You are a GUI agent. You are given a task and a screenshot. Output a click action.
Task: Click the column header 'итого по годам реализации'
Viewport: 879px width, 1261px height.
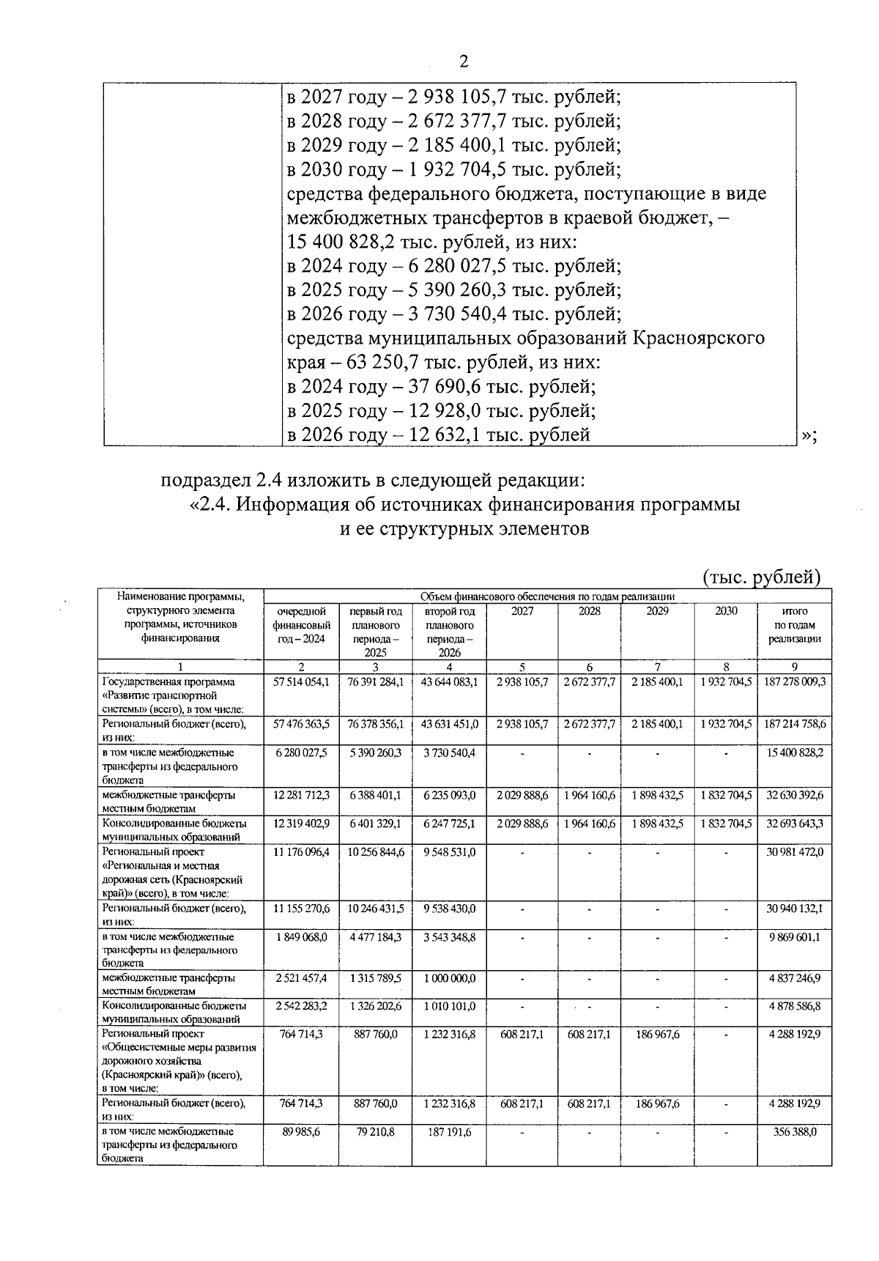tap(794, 624)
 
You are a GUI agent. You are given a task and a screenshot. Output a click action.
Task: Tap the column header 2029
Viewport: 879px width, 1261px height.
tap(657, 611)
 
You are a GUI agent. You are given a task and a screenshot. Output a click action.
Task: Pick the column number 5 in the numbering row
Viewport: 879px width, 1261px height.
tap(522, 667)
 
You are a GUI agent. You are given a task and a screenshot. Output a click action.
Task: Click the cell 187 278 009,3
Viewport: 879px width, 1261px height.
tap(794, 681)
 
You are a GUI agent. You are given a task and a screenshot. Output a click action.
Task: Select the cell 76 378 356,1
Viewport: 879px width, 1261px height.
tap(375, 724)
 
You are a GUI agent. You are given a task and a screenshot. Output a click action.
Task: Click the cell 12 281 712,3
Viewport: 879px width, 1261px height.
tap(301, 795)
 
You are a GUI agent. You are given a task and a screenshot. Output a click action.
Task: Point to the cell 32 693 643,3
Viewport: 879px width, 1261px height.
tap(794, 824)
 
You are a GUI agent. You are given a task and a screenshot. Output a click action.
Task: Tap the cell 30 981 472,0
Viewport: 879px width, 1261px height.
tap(795, 852)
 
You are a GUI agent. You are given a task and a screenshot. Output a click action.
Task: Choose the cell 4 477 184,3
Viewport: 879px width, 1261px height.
tap(375, 937)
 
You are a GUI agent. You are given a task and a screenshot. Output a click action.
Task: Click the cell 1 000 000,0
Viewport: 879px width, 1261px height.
tap(448, 979)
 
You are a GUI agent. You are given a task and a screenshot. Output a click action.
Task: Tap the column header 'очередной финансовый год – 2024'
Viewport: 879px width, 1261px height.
tap(301, 625)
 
